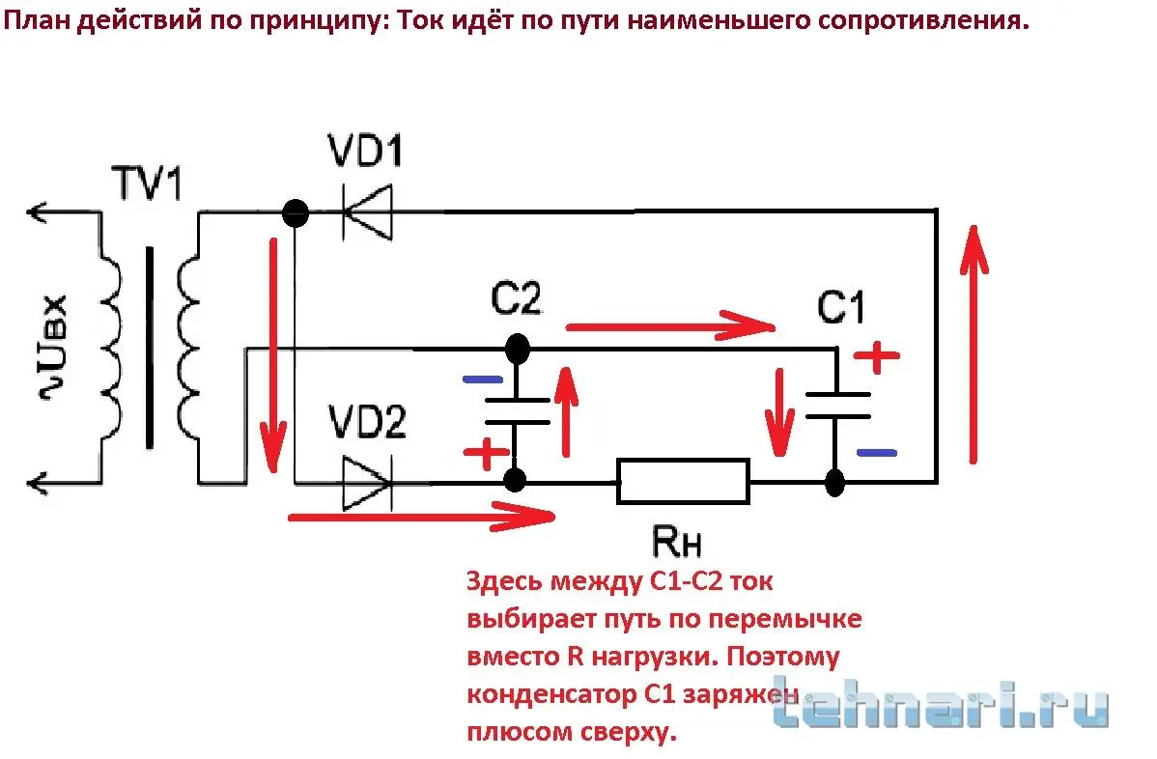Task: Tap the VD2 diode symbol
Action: tap(368, 480)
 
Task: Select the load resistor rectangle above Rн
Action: tap(683, 480)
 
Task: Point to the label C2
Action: tap(516, 300)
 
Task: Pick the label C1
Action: tap(841, 308)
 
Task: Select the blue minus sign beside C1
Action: tap(876, 451)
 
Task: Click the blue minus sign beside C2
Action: tap(482, 379)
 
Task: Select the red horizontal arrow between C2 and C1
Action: tap(670, 326)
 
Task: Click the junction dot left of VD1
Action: tap(294, 211)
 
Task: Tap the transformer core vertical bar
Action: tap(149, 348)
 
